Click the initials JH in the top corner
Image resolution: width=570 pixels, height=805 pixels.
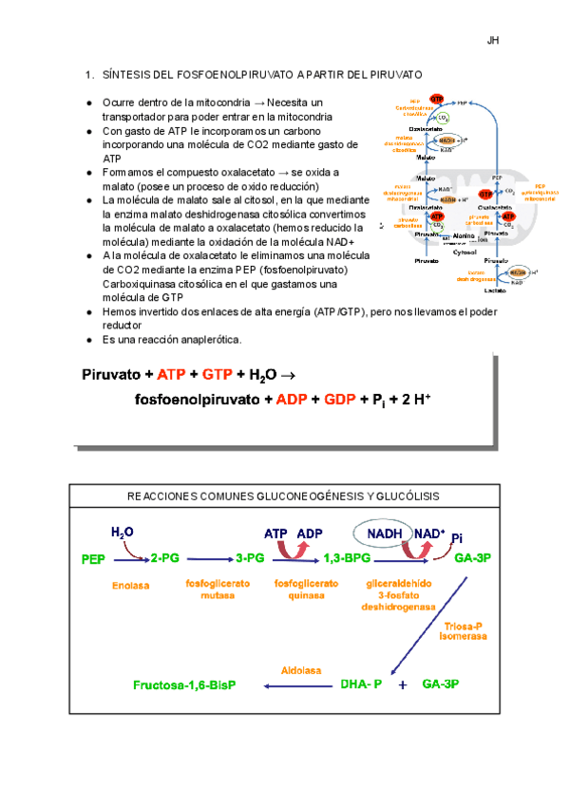pyautogui.click(x=493, y=40)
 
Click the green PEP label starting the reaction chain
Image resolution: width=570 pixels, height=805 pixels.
pyautogui.click(x=94, y=559)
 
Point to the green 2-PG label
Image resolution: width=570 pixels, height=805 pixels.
pyautogui.click(x=164, y=559)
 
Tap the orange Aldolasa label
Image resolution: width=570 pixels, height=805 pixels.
pyautogui.click(x=295, y=668)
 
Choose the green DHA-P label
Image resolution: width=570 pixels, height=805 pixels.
pyautogui.click(x=360, y=683)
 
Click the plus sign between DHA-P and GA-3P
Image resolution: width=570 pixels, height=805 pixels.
pyautogui.click(x=402, y=684)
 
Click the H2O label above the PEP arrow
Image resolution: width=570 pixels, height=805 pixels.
pyautogui.click(x=123, y=533)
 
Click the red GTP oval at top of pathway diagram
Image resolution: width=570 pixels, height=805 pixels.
pyautogui.click(x=437, y=99)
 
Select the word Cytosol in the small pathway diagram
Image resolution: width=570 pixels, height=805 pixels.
pyautogui.click(x=465, y=253)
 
